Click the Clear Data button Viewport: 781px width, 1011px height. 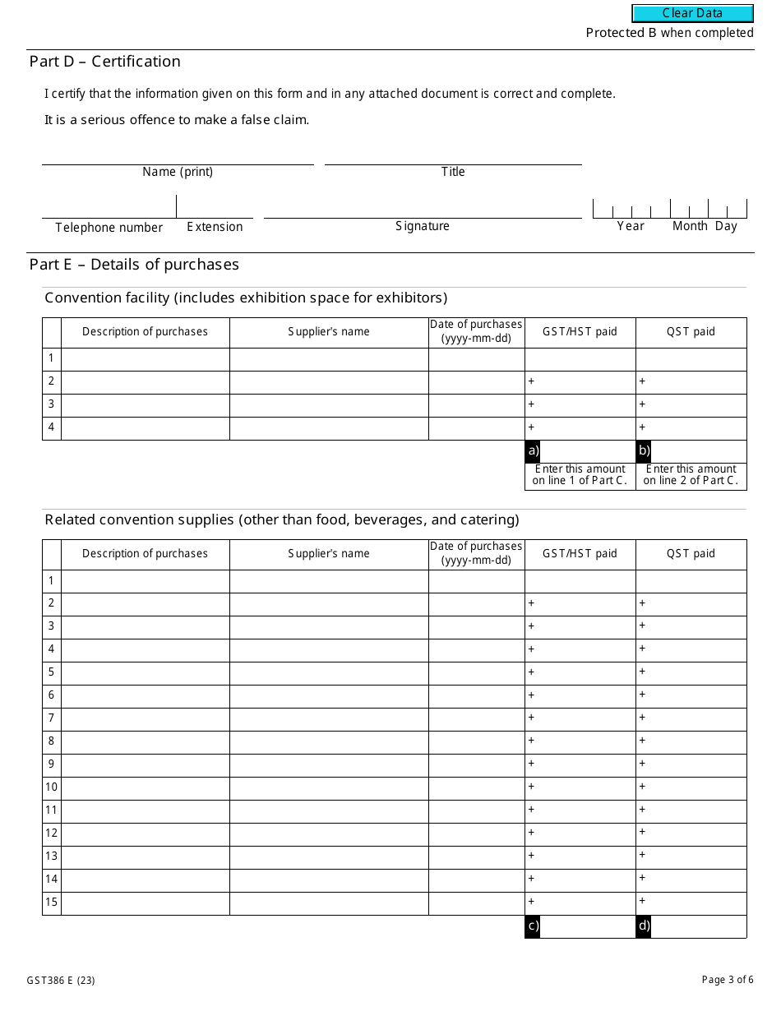click(x=692, y=13)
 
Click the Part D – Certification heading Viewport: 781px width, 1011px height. click(x=105, y=62)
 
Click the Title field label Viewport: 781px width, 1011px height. click(x=453, y=172)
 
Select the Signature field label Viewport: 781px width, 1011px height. click(x=423, y=226)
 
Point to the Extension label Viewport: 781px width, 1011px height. click(x=215, y=227)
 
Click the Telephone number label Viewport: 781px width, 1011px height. click(x=109, y=228)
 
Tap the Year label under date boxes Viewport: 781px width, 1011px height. click(x=631, y=226)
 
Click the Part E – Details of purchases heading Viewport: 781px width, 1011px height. click(x=134, y=265)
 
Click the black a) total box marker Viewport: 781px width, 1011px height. click(x=533, y=450)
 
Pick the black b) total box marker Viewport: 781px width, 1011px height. click(x=644, y=450)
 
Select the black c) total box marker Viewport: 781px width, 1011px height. click(x=533, y=926)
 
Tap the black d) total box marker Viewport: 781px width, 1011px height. click(x=644, y=926)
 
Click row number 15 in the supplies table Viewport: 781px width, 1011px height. click(x=52, y=903)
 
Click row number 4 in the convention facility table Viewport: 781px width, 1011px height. click(x=52, y=427)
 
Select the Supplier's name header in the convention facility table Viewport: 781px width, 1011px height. click(x=329, y=332)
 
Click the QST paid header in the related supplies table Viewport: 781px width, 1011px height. click(x=691, y=554)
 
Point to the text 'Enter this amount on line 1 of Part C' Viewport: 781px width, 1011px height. click(x=580, y=475)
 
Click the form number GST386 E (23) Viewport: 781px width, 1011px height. click(x=61, y=981)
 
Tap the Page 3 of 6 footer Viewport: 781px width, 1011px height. click(x=728, y=980)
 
